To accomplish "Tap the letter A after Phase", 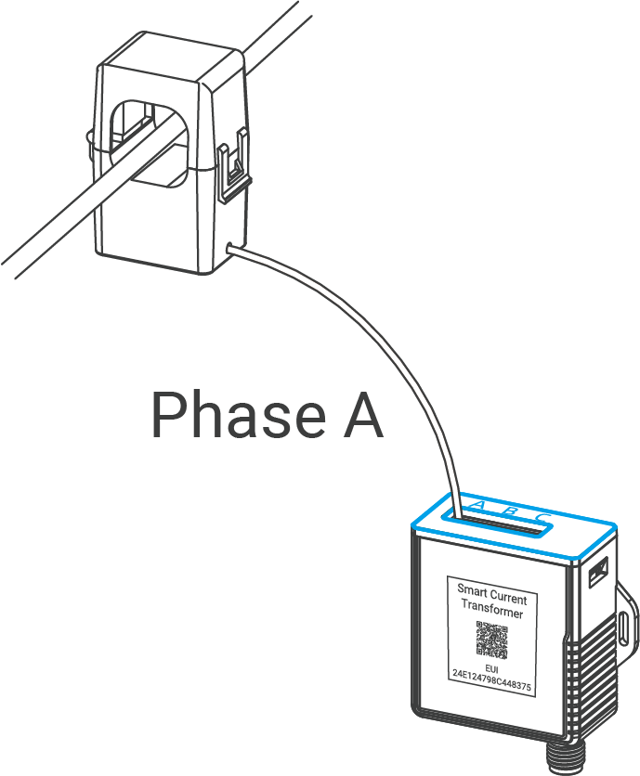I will pyautogui.click(x=357, y=417).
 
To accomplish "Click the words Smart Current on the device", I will pyautogui.click(x=491, y=589).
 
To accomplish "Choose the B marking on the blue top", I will pyautogui.click(x=510, y=510).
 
